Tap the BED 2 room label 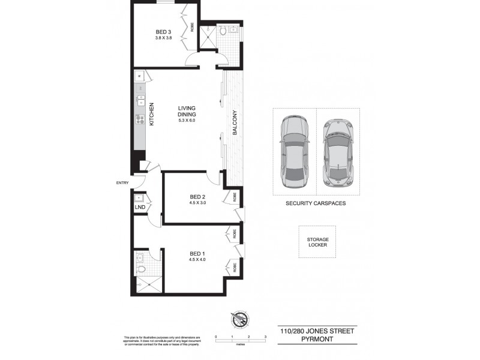(x=198, y=196)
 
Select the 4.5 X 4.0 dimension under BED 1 (x=197, y=259)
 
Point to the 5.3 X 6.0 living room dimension (x=187, y=121)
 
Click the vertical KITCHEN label (x=152, y=113)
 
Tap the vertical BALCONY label (x=236, y=124)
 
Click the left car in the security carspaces (x=294, y=150)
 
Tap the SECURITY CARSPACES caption (x=316, y=203)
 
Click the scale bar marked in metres (x=240, y=340)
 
